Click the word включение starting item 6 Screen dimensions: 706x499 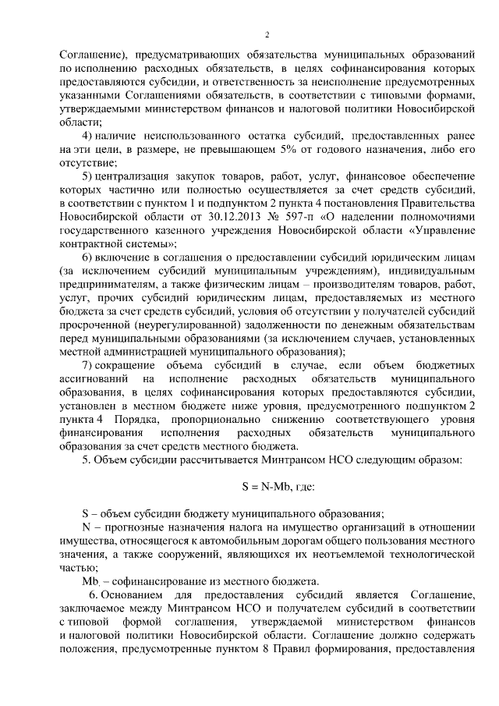(127, 258)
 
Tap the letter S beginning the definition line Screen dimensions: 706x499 (85, 513)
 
